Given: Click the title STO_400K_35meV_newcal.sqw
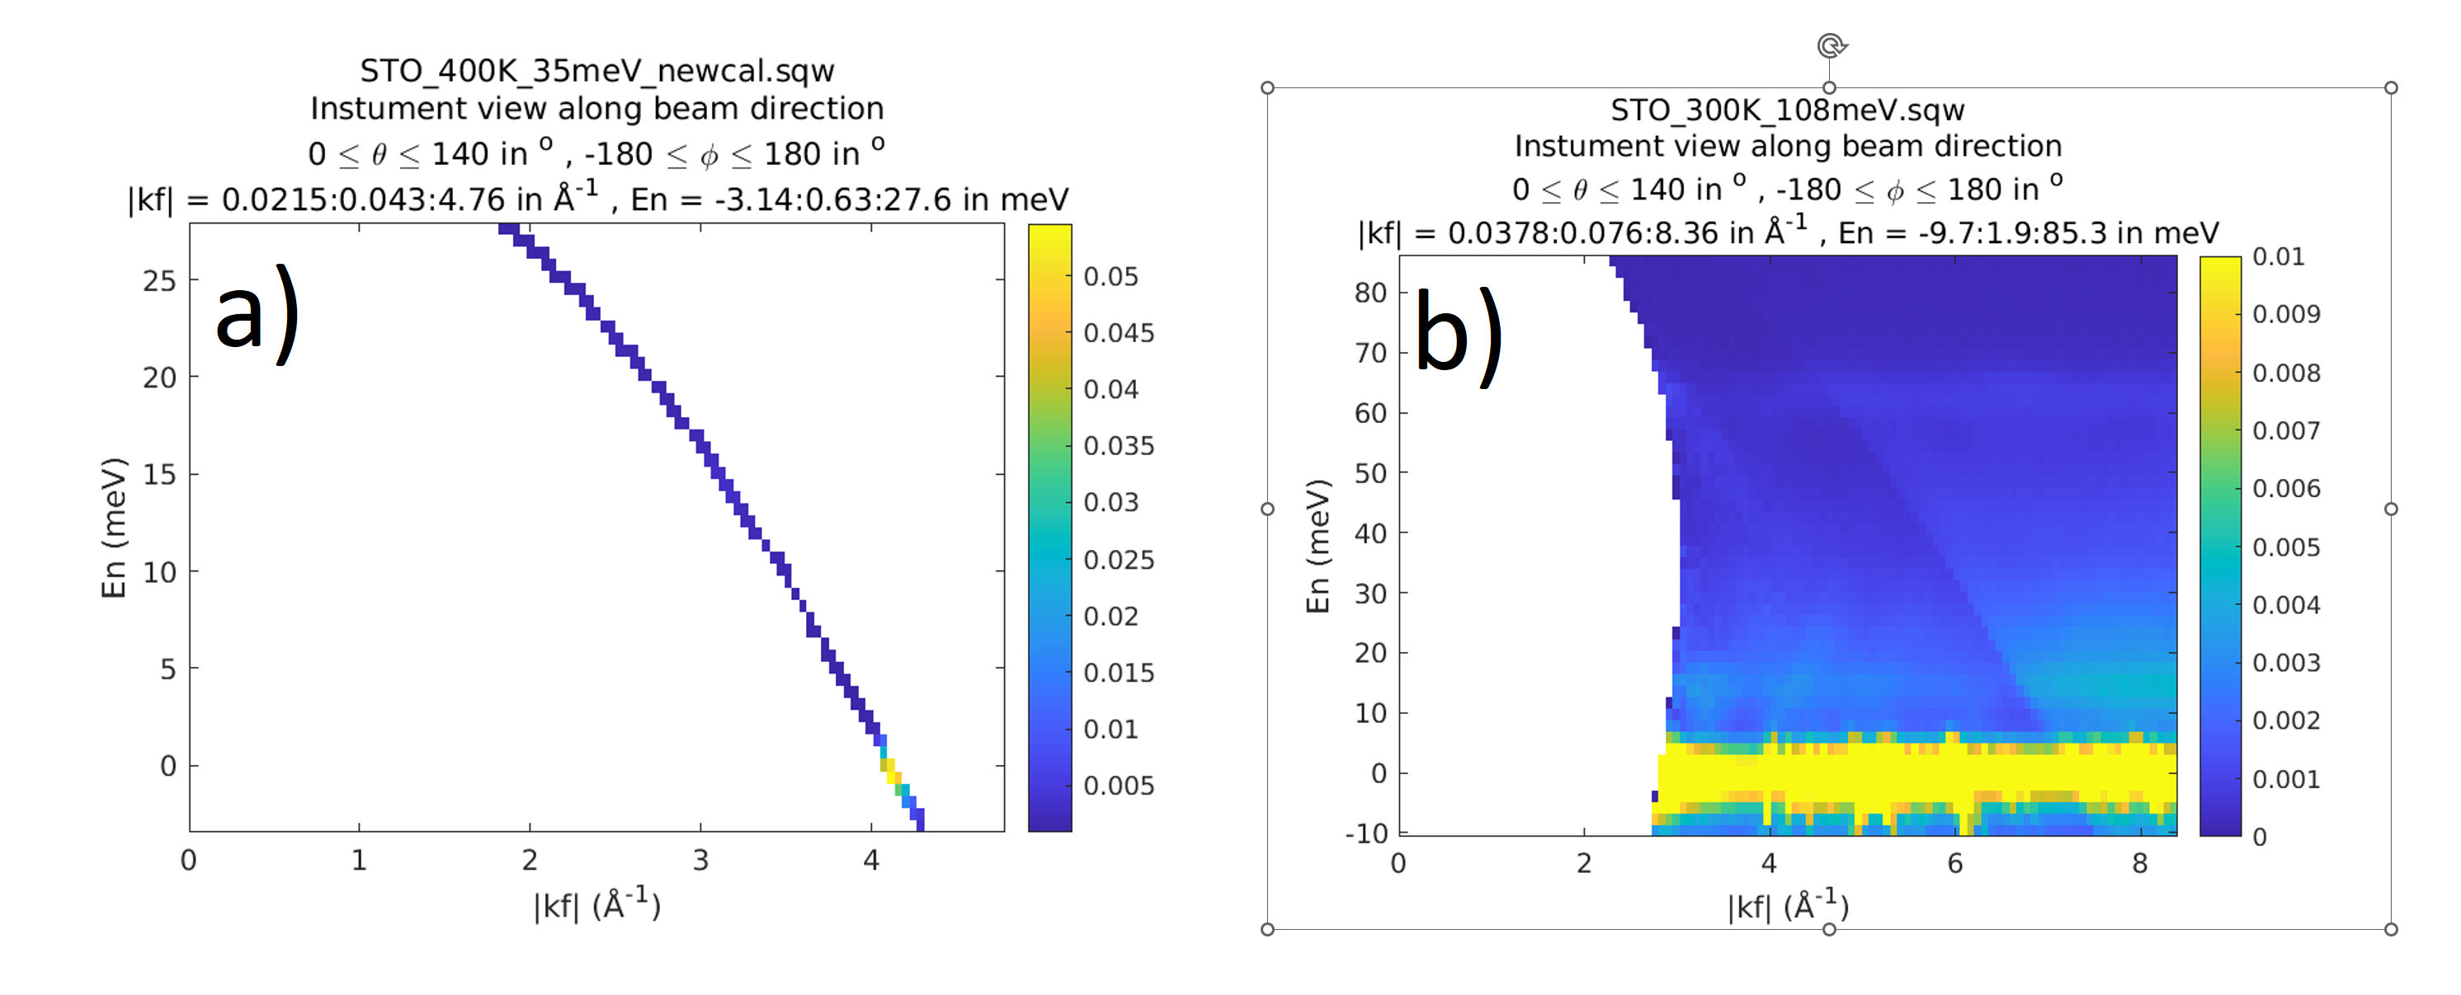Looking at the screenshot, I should coord(597,71).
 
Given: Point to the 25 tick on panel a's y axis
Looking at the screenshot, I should coord(159,281).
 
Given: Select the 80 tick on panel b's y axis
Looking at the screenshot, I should coord(1370,293).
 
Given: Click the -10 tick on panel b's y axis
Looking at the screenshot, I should coord(1366,833).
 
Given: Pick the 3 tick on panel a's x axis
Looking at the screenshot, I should coord(700,861).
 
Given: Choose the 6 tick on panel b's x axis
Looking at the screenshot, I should coord(1954,864).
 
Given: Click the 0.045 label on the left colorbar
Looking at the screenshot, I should coord(1119,333).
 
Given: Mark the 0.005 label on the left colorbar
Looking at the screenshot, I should coord(1119,786).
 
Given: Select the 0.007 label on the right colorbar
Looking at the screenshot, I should coord(2286,430).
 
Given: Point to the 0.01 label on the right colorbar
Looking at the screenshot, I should coord(2279,257).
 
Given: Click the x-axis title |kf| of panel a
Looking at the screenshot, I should coord(597,905).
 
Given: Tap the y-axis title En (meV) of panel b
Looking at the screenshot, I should coord(1318,547).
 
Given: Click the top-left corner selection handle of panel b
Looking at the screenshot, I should coord(1268,88).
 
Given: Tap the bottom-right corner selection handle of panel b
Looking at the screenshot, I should coord(2390,929).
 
